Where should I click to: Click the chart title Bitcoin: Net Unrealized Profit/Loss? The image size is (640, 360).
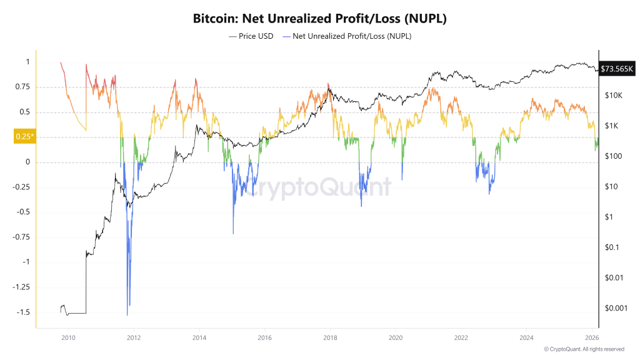320,19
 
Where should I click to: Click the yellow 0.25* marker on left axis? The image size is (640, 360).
24,137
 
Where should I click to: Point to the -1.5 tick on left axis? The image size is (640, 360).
23,312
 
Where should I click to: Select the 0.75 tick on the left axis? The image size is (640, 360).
22,87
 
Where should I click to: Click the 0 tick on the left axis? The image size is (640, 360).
27,162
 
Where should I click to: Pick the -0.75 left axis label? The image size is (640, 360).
22,237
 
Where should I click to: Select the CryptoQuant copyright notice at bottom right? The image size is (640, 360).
584,349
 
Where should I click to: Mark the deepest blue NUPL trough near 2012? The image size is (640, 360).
127,314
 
